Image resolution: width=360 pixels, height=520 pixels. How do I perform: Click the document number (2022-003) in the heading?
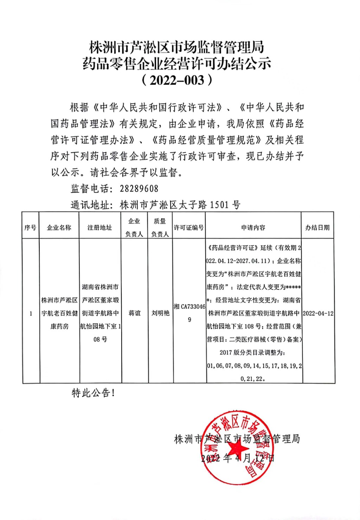(x=178, y=80)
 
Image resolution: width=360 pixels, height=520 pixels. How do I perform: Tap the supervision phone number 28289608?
(x=139, y=189)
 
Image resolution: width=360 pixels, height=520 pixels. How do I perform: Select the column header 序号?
(x=30, y=228)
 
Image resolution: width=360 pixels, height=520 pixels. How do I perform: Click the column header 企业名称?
(x=59, y=228)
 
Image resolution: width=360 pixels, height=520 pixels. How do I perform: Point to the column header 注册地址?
(x=100, y=228)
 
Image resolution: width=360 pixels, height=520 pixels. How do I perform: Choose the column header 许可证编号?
(x=189, y=228)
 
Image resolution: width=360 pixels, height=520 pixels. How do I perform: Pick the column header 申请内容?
(x=253, y=228)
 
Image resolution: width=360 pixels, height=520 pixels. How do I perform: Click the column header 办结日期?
(x=317, y=228)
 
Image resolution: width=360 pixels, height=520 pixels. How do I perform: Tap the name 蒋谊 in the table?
(x=134, y=313)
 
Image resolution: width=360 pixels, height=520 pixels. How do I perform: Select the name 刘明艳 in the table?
(x=160, y=313)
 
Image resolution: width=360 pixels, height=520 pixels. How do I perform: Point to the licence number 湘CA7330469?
(x=189, y=313)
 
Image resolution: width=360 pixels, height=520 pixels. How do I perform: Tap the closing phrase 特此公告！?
(x=93, y=393)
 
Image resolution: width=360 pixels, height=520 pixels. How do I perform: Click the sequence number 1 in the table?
(x=31, y=313)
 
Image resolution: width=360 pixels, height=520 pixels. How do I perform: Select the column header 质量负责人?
(x=160, y=227)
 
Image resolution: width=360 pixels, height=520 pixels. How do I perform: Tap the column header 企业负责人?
(x=134, y=227)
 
